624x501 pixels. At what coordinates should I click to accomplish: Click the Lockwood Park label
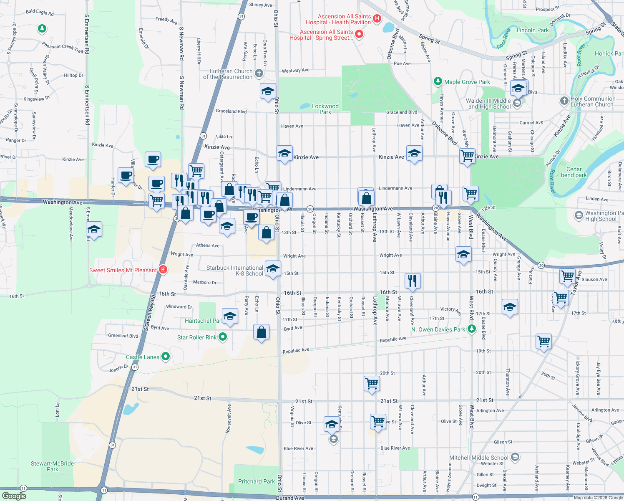pyautogui.click(x=325, y=109)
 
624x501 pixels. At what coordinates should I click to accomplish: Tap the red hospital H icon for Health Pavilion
pyautogui.click(x=377, y=18)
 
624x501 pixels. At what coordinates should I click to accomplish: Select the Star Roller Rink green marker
pyautogui.click(x=223, y=337)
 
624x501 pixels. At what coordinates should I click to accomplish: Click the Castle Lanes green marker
pyautogui.click(x=166, y=357)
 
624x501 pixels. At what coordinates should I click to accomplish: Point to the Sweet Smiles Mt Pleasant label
pyautogui.click(x=123, y=270)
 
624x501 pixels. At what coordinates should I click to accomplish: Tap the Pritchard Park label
pyautogui.click(x=256, y=481)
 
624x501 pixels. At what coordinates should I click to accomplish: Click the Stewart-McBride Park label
pyautogui.click(x=52, y=466)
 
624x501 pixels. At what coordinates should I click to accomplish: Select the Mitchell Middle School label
pyautogui.click(x=478, y=458)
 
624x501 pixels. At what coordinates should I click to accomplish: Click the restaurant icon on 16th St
pyautogui.click(x=413, y=281)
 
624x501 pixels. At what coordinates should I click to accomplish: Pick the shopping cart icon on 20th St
pyautogui.click(x=372, y=383)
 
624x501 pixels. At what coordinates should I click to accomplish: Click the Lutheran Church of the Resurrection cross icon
pyautogui.click(x=259, y=73)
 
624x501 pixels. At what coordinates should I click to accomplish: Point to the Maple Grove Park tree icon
pyautogui.click(x=438, y=81)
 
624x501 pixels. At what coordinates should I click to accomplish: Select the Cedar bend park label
pyautogui.click(x=574, y=172)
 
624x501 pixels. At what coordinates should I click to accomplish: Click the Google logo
pyautogui.click(x=14, y=496)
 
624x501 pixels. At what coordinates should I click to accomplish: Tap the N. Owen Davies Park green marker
pyautogui.click(x=472, y=329)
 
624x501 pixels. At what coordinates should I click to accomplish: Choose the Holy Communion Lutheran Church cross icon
pyautogui.click(x=564, y=101)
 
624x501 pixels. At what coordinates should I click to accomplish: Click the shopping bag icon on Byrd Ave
pyautogui.click(x=261, y=332)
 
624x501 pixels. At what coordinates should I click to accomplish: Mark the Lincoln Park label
pyautogui.click(x=533, y=30)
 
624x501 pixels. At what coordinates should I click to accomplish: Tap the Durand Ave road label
pyautogui.click(x=290, y=498)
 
